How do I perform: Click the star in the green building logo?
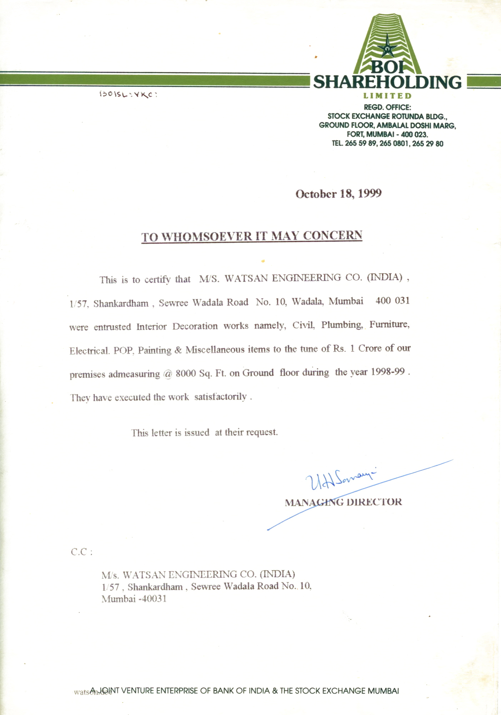pyautogui.click(x=387, y=46)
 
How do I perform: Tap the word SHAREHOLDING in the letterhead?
pyautogui.click(x=387, y=82)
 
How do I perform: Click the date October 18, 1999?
pyautogui.click(x=338, y=194)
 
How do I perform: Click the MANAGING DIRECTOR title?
pyautogui.click(x=343, y=502)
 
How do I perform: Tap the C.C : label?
pyautogui.click(x=82, y=552)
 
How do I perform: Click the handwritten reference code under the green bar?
pyautogui.click(x=128, y=94)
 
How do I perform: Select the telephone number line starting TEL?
pyautogui.click(x=387, y=144)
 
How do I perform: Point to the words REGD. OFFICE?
pyautogui.click(x=387, y=107)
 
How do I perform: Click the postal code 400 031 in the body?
pyautogui.click(x=392, y=301)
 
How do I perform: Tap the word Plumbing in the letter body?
pyautogui.click(x=342, y=325)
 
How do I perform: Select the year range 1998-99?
pyautogui.click(x=387, y=372)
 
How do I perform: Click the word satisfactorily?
pyautogui.click(x=220, y=396)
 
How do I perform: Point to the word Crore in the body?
pyautogui.click(x=370, y=348)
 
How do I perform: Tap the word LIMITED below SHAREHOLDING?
pyautogui.click(x=387, y=96)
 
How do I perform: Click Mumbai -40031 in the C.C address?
pyautogui.click(x=134, y=598)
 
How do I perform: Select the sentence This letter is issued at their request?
pyautogui.click(x=204, y=432)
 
